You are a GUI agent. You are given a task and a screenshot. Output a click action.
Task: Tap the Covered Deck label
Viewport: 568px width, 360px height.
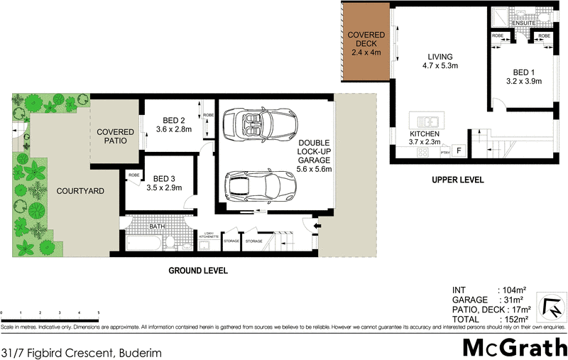pos(366,43)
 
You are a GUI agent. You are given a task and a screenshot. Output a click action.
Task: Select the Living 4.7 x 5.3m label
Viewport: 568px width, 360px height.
pos(435,62)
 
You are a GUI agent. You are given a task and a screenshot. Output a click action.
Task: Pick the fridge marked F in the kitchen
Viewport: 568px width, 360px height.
pos(459,151)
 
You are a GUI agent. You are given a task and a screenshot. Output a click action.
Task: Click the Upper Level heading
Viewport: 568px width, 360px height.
pos(457,180)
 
